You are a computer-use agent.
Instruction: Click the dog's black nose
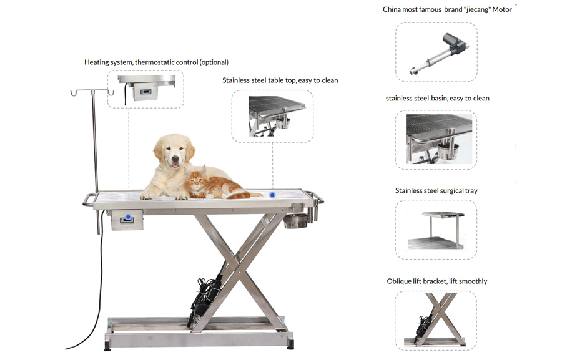pos(175,158)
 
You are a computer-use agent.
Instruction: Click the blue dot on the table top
pos(272,195)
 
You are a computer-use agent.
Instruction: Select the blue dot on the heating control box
pos(128,216)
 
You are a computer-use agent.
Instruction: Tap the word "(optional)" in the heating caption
pos(214,62)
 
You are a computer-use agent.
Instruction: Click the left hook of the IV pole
pos(74,94)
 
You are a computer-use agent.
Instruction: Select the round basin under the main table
pos(294,220)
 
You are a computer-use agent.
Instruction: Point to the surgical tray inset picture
pos(436,230)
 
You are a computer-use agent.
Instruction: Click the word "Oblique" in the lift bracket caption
pos(399,281)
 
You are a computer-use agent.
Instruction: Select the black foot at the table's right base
pos(290,345)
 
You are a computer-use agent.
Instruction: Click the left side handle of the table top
pos(89,200)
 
